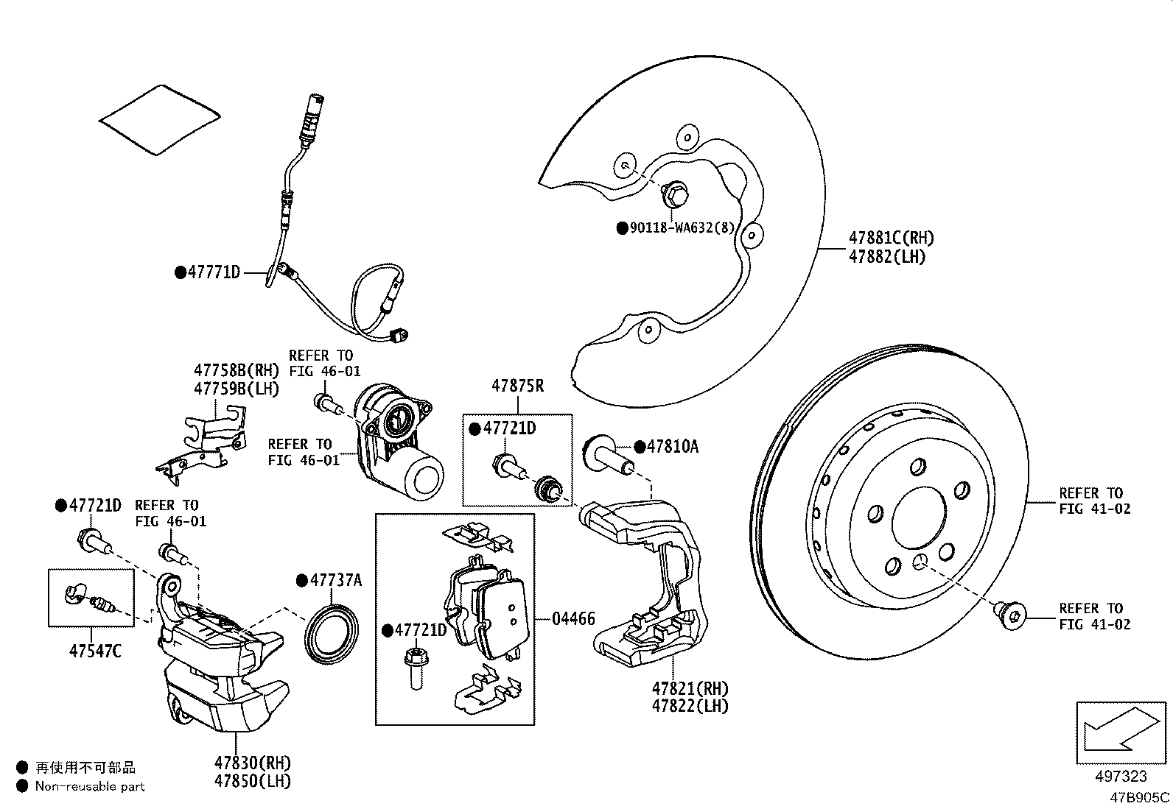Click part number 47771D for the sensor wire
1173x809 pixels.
[x=214, y=272]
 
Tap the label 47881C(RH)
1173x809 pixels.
[x=891, y=238]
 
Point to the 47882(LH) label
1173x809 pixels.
[x=887, y=257]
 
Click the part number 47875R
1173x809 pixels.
[x=517, y=385]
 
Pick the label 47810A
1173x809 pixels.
[x=672, y=446]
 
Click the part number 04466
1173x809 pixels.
[x=573, y=618]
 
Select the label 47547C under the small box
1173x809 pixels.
[x=96, y=651]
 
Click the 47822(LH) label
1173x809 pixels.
[x=690, y=706]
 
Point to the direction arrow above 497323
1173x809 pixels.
[x=1121, y=732]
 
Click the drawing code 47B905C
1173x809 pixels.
[x=1140, y=797]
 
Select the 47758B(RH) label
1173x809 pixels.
[x=237, y=370]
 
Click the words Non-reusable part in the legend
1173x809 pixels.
[x=90, y=786]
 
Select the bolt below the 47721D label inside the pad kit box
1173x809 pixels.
[x=416, y=666]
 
